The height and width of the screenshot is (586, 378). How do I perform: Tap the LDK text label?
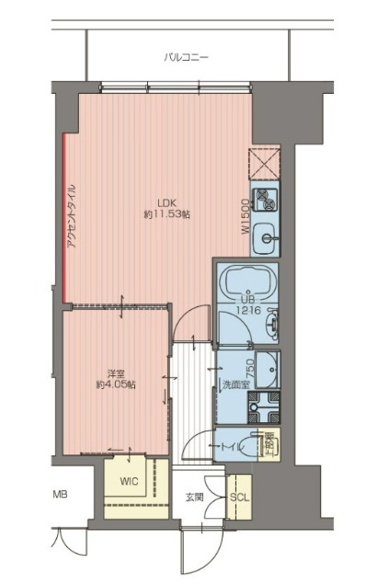tap(166, 203)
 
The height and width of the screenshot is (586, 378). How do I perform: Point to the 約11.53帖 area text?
tap(166, 215)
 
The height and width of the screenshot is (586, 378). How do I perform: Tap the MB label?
tap(60, 495)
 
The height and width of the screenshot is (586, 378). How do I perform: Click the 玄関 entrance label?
tap(195, 498)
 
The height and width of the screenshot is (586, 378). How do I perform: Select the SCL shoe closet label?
tap(238, 498)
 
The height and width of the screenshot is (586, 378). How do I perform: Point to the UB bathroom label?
tap(246, 300)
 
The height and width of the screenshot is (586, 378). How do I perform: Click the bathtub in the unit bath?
tap(246, 281)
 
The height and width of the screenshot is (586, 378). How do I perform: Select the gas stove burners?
tap(267, 197)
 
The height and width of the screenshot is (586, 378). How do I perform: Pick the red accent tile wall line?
tap(63, 216)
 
